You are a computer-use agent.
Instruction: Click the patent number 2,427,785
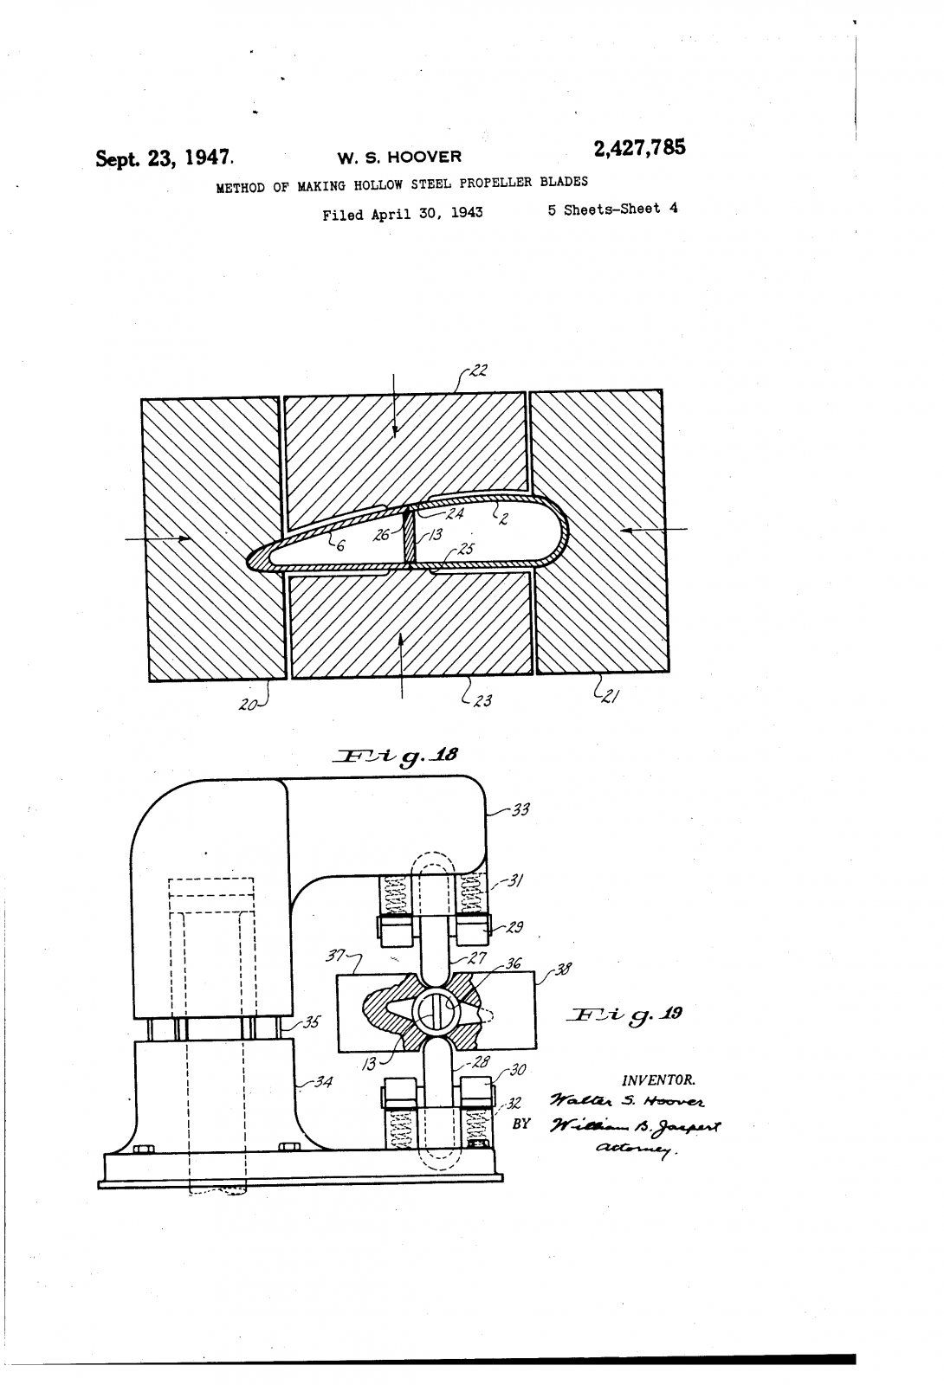click(x=639, y=149)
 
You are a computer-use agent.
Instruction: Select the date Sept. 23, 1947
click(x=163, y=158)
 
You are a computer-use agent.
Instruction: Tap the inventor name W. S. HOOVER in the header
click(x=399, y=158)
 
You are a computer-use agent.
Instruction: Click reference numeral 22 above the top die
click(x=478, y=371)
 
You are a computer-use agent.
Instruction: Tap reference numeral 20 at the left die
click(x=249, y=705)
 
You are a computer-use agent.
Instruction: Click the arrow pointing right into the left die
click(x=159, y=538)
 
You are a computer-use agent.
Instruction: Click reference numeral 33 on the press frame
click(x=520, y=810)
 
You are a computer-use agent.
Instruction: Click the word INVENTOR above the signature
click(x=658, y=1079)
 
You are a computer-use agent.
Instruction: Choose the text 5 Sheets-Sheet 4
click(x=612, y=209)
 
